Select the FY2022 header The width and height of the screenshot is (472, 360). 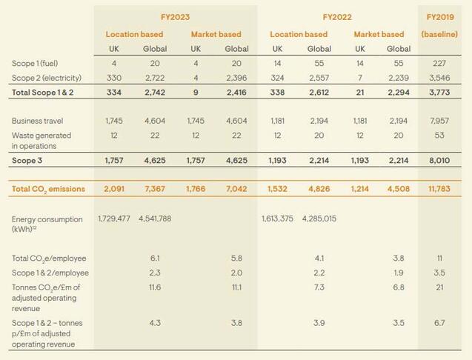(x=337, y=17)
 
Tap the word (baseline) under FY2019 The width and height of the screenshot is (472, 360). (x=439, y=34)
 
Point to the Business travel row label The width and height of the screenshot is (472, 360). (x=36, y=121)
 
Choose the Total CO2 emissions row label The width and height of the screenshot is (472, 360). (x=48, y=189)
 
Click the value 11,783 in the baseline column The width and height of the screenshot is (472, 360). (x=439, y=189)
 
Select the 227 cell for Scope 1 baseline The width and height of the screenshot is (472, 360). (x=439, y=64)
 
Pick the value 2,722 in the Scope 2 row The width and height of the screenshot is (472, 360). (x=154, y=78)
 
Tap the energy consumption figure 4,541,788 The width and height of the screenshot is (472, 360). (x=155, y=219)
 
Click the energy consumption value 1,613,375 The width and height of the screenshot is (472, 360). (x=278, y=219)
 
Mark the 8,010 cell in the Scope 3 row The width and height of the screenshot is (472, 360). (x=439, y=159)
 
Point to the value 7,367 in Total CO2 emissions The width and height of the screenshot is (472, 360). (x=154, y=189)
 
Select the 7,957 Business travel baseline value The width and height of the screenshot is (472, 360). (x=439, y=121)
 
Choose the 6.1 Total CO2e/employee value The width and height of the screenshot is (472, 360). (x=154, y=259)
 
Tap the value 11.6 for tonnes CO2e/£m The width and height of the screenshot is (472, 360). (x=154, y=287)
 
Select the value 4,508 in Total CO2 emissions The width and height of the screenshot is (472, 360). (x=398, y=189)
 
